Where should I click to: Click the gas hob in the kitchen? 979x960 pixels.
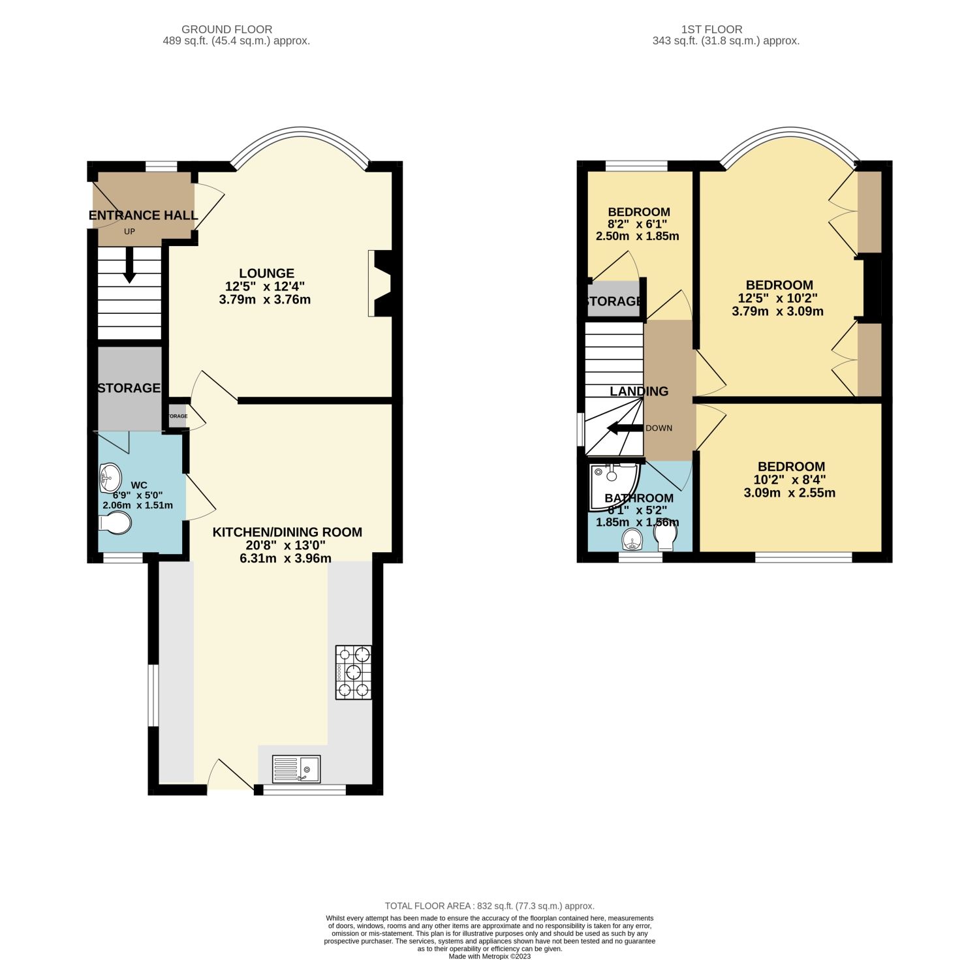354,672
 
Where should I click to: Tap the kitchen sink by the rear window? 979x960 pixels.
296,769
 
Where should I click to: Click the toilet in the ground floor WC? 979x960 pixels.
115,523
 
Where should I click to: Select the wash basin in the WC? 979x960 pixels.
110,478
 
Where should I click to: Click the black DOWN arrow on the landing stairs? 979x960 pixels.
624,428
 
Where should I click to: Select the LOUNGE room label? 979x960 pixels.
266,273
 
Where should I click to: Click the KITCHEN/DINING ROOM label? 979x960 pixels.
287,532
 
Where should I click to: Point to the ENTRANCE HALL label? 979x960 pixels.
143,215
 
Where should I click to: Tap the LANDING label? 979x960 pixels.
639,391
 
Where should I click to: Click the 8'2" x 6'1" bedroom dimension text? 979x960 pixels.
638,224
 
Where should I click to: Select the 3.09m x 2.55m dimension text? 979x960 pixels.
790,493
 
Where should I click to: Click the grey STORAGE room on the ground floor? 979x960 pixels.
129,388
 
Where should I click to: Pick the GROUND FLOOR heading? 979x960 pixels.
226,29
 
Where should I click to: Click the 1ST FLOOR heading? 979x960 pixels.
711,29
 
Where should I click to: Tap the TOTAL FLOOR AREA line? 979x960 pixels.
489,906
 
